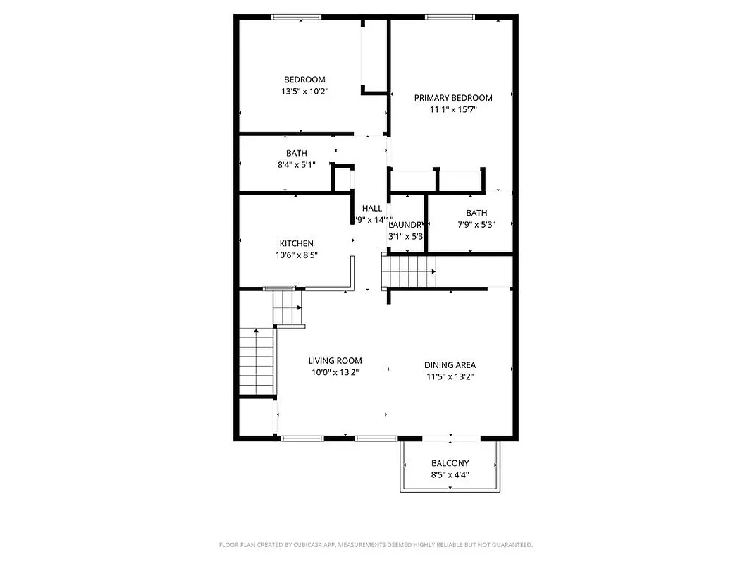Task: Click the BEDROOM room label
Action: (304, 80)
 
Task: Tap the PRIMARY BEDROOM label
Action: (452, 98)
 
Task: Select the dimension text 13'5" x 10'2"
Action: (304, 92)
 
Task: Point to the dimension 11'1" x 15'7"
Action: (452, 109)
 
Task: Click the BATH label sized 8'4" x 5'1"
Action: (296, 153)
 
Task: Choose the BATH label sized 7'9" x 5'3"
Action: (476, 213)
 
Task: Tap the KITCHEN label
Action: (296, 243)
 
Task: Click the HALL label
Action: (371, 208)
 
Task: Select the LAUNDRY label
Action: (406, 225)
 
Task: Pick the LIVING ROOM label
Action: (335, 361)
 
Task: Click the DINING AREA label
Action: (450, 364)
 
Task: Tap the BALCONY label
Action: (450, 463)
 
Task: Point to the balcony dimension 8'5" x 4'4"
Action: (450, 474)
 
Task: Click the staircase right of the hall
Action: (409, 271)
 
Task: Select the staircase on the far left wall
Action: (256, 362)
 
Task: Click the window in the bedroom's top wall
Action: (296, 17)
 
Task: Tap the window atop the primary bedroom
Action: (450, 17)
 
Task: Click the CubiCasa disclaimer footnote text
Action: (376, 545)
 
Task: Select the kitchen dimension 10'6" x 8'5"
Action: (296, 255)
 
